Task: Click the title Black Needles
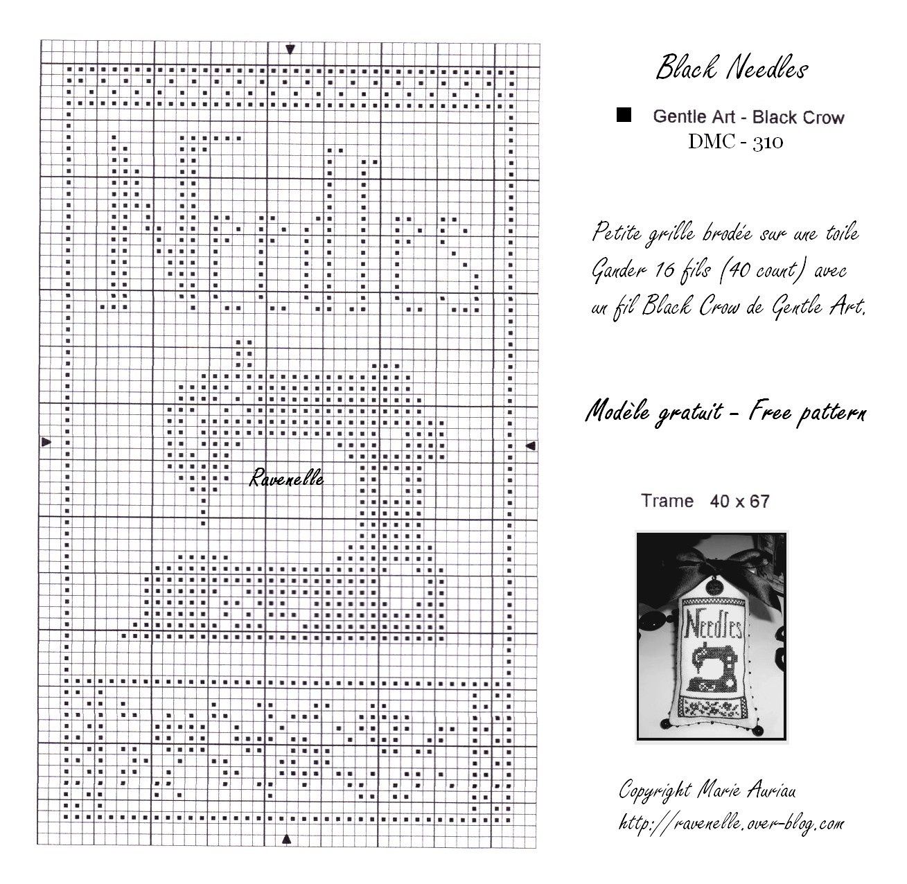point(732,69)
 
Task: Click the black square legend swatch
point(624,114)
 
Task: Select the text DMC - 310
point(735,141)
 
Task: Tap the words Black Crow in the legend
point(798,117)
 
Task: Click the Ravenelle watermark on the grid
point(286,478)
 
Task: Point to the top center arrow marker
point(290,49)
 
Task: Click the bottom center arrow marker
point(287,839)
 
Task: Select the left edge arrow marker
point(46,441)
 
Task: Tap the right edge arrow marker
point(530,446)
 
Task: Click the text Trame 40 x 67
point(705,501)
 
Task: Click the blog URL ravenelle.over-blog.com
point(732,822)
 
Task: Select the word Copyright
point(655,790)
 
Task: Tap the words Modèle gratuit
point(653,412)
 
